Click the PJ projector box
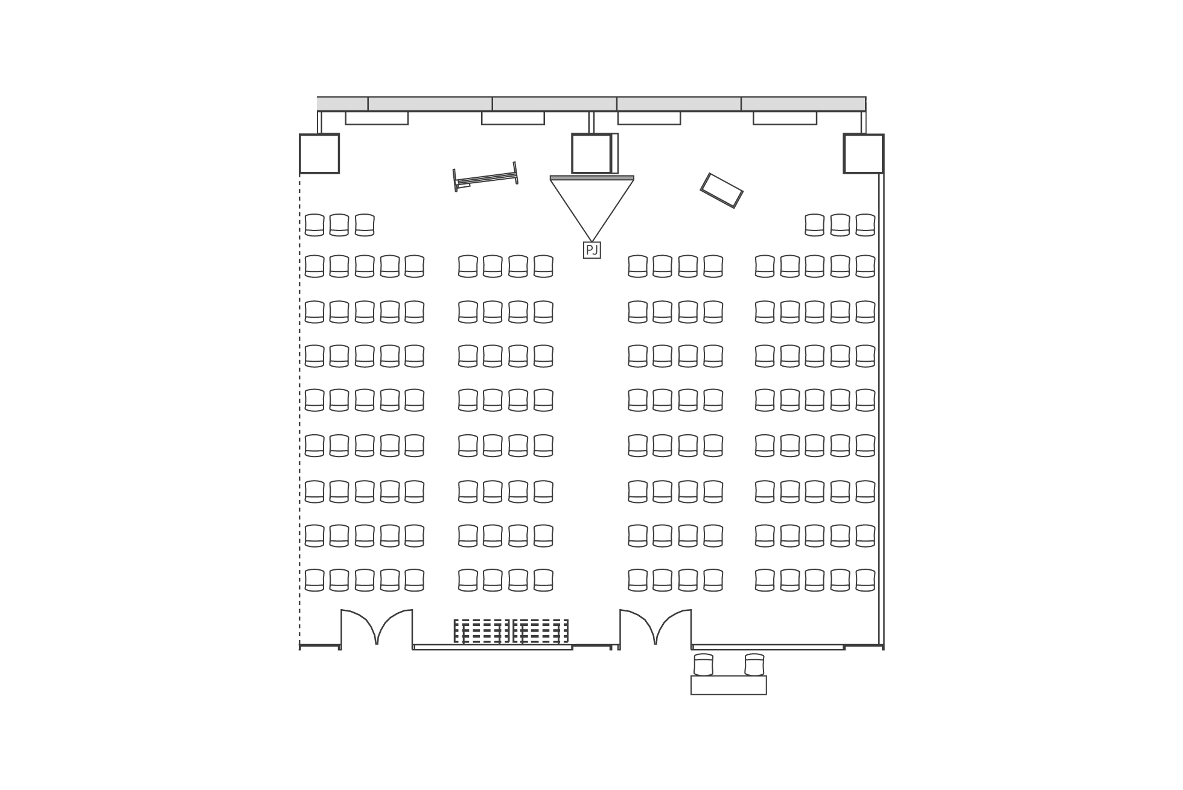(591, 250)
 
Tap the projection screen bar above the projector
(591, 178)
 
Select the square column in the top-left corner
(319, 154)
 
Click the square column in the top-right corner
(864, 154)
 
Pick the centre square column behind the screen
(591, 154)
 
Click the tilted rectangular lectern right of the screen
(721, 191)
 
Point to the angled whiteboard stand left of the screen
(485, 177)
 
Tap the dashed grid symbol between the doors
(511, 631)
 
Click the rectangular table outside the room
(729, 685)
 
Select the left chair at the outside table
(704, 664)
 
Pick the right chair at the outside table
(754, 664)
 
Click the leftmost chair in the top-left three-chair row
(314, 225)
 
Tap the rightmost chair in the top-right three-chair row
(866, 225)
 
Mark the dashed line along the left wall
(299, 410)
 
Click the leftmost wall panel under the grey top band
(377, 118)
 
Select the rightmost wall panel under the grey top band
(785, 118)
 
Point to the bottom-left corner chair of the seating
(314, 580)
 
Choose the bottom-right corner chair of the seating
(866, 580)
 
